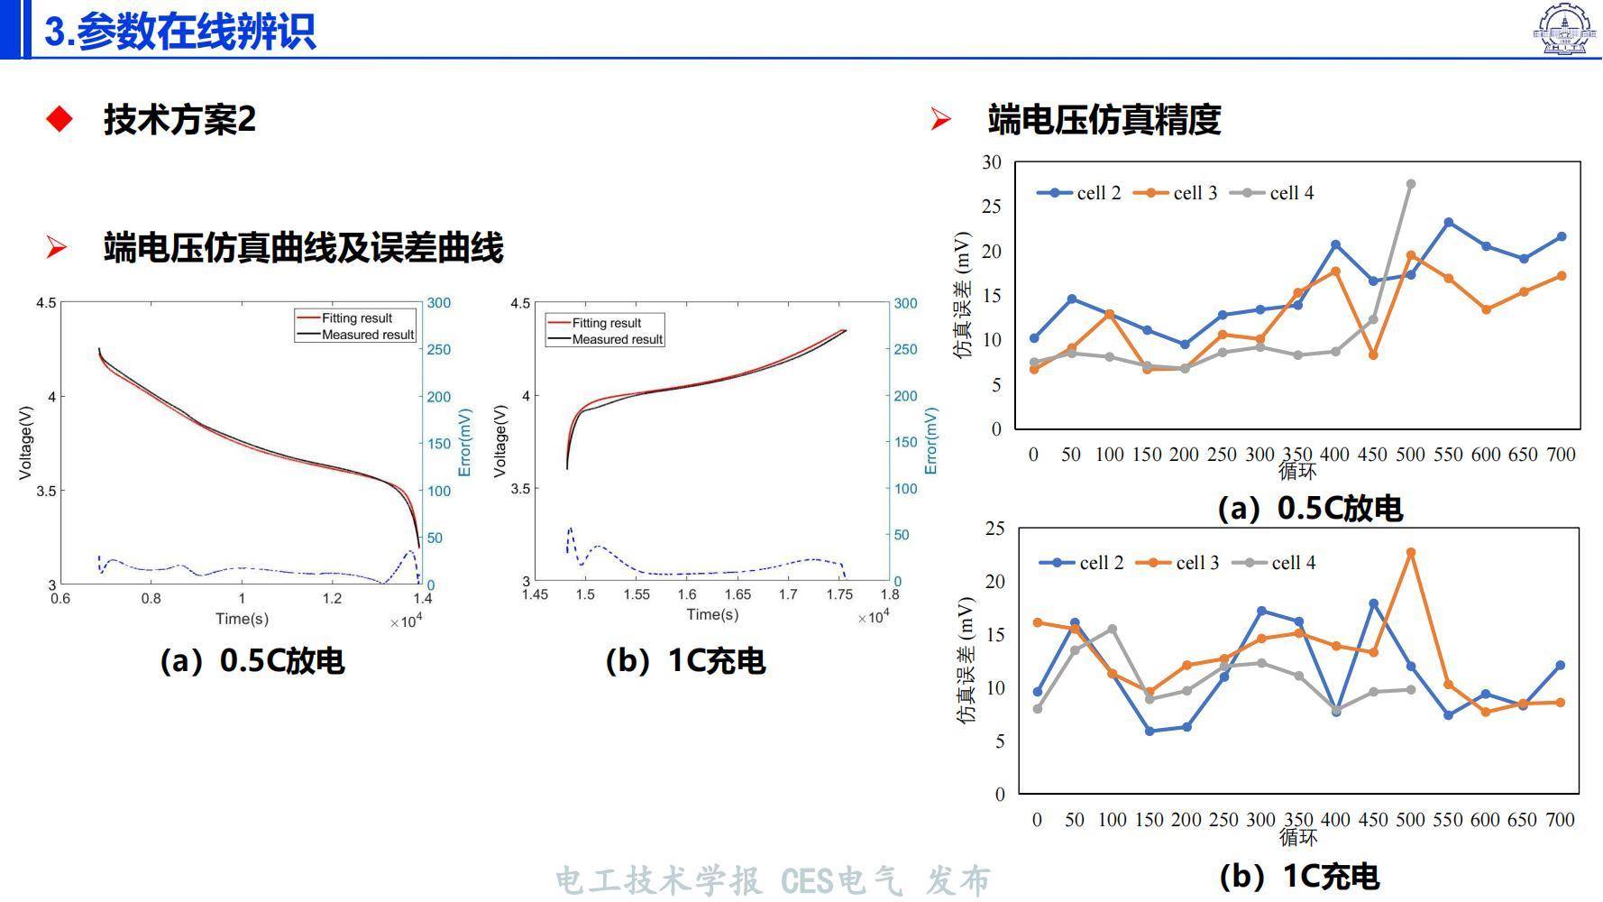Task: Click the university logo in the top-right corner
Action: pos(1566,29)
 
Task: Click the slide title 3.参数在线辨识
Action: pos(180,31)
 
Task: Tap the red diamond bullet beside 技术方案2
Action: pos(60,119)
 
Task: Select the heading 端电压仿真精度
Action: pos(1104,119)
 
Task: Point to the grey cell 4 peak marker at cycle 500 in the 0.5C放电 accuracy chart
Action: pos(1411,184)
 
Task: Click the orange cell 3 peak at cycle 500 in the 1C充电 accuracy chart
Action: pos(1411,552)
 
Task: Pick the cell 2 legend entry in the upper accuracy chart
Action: pos(1078,193)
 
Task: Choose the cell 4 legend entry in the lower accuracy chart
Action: pos(1274,563)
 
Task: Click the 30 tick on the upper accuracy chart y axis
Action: pos(992,162)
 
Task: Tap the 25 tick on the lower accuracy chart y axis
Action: pos(994,529)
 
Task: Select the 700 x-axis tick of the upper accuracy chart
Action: pos(1561,455)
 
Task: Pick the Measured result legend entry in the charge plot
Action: pos(605,340)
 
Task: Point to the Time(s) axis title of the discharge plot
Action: pos(242,619)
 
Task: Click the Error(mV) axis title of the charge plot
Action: pos(930,441)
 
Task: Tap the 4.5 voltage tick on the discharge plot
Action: pos(46,303)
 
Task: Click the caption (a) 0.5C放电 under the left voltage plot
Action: pos(252,661)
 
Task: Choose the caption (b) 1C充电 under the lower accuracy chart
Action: pos(1298,876)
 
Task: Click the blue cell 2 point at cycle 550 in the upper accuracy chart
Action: pos(1449,222)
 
